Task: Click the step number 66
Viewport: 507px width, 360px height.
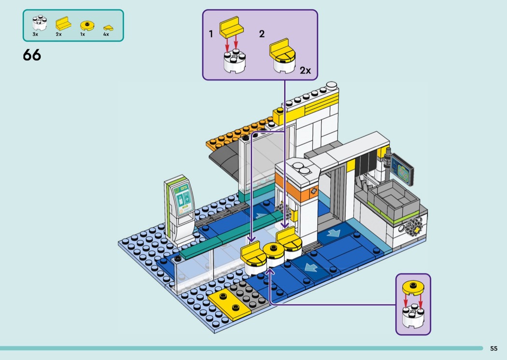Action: (32, 55)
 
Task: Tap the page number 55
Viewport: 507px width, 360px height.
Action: (493, 348)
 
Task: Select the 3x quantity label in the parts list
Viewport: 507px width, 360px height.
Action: (35, 34)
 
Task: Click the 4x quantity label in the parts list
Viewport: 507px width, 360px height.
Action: (106, 34)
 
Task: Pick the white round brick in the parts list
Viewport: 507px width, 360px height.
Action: (38, 23)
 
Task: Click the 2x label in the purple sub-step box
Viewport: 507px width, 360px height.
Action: (305, 70)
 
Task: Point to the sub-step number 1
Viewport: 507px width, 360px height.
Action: (211, 34)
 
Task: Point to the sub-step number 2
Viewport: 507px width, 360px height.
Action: (262, 34)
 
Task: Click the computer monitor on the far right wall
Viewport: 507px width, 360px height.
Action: (402, 169)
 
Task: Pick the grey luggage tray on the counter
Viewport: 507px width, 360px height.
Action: (390, 195)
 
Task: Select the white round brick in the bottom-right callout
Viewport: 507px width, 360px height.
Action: (412, 315)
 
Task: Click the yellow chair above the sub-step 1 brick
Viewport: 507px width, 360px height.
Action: (231, 27)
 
